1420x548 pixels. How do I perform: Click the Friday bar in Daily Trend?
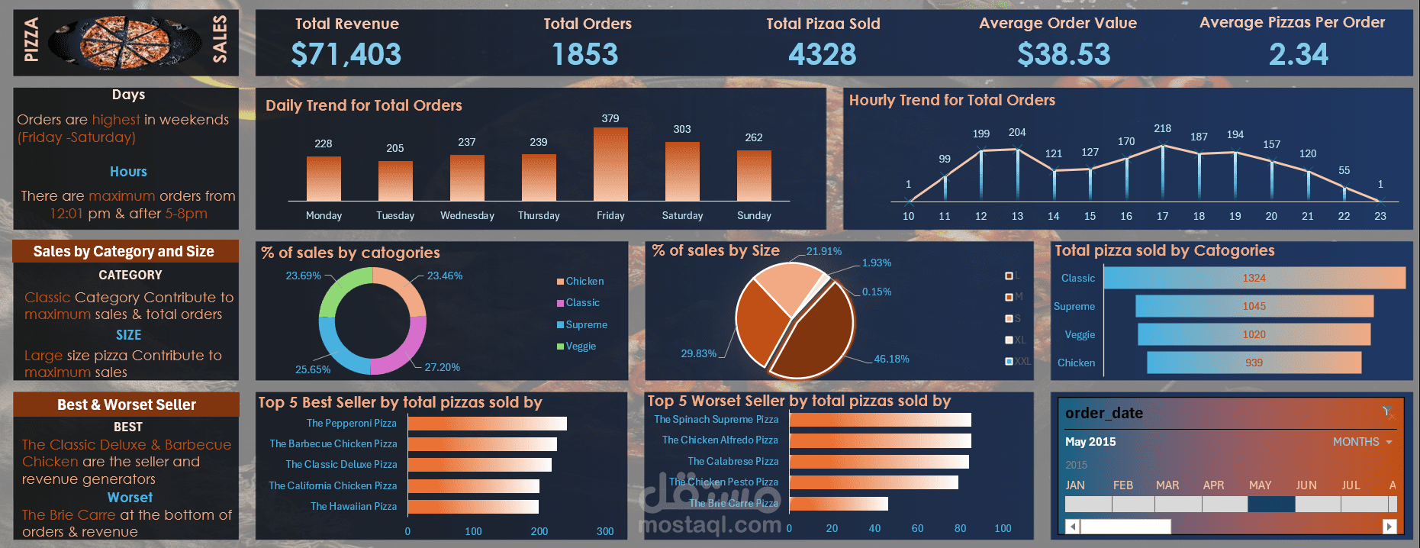click(x=610, y=164)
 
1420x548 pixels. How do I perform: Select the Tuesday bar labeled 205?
click(x=395, y=181)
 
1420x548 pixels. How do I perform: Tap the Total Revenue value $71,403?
click(x=346, y=54)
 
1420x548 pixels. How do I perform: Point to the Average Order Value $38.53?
click(x=1064, y=54)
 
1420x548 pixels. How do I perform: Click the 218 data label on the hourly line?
click(x=1162, y=128)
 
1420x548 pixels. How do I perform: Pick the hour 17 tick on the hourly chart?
click(x=1162, y=216)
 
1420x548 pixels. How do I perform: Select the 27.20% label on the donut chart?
click(x=442, y=367)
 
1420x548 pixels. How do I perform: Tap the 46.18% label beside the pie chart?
click(x=891, y=359)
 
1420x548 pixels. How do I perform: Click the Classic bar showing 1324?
click(x=1254, y=278)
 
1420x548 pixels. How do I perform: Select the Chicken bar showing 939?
click(x=1254, y=363)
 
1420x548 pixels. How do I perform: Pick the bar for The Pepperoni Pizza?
click(x=487, y=424)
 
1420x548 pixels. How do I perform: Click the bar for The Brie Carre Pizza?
click(x=838, y=504)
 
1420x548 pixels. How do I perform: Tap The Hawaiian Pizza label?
click(x=353, y=506)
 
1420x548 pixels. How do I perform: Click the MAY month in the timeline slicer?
click(x=1270, y=504)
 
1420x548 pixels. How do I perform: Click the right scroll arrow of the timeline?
click(x=1389, y=526)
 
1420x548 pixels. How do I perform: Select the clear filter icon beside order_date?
click(x=1387, y=412)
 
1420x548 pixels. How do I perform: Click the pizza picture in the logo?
click(x=125, y=43)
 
